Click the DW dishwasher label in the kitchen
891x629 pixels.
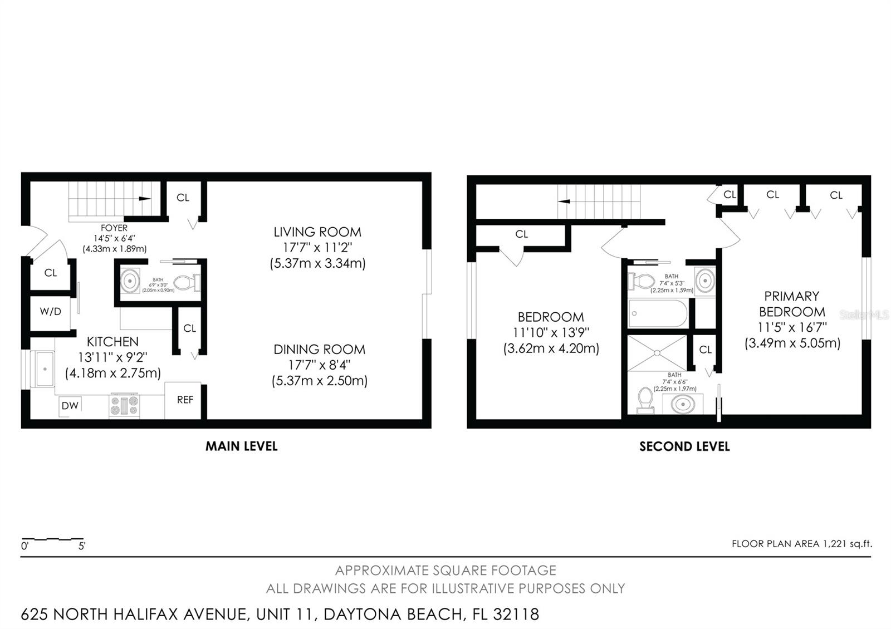(70, 406)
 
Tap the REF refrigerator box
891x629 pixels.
(183, 400)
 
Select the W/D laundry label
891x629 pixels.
(51, 311)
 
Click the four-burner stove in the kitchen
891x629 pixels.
(124, 406)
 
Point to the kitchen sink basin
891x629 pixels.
(45, 369)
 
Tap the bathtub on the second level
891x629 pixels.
(658, 313)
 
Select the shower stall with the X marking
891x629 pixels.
(657, 353)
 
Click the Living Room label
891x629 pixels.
(317, 232)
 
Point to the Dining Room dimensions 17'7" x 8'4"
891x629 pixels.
(320, 365)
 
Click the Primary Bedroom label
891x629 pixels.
(792, 304)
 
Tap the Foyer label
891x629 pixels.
(114, 228)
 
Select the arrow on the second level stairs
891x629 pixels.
(564, 201)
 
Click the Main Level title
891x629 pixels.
(242, 446)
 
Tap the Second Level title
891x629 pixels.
(684, 447)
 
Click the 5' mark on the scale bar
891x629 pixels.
(82, 546)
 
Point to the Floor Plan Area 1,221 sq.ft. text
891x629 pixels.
(802, 543)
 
